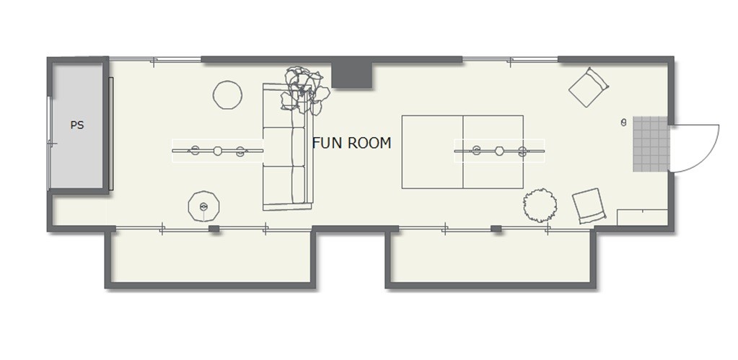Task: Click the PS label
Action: click(x=77, y=126)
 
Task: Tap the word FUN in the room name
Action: click(x=325, y=143)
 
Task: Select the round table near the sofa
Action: click(x=228, y=95)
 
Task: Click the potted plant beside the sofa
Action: click(x=304, y=91)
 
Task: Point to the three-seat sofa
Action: click(x=288, y=146)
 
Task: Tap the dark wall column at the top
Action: click(x=352, y=75)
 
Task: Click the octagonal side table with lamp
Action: click(x=203, y=206)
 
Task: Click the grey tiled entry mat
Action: click(x=651, y=144)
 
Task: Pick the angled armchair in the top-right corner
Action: click(x=589, y=87)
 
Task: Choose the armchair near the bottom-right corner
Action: click(x=589, y=206)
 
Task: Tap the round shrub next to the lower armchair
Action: click(x=540, y=205)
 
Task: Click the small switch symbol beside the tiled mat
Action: click(x=623, y=123)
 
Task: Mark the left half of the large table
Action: click(x=433, y=152)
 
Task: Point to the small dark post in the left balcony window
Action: click(x=214, y=229)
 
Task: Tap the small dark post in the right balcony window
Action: click(x=496, y=229)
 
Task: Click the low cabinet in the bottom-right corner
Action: click(x=643, y=217)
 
